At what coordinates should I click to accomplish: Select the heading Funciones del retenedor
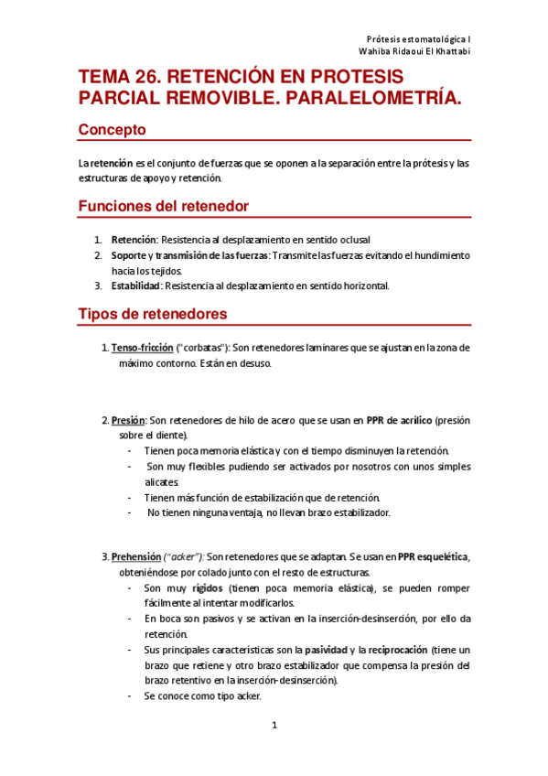(x=164, y=207)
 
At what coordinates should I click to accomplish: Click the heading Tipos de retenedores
(x=153, y=314)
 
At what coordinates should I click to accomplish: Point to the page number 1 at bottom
(x=274, y=726)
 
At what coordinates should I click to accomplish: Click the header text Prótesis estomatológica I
(x=418, y=40)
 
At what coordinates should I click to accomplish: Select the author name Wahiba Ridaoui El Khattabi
(x=414, y=54)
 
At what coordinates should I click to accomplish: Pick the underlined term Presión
(x=128, y=421)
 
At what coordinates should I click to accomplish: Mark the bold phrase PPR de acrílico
(x=399, y=421)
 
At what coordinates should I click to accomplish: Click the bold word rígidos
(x=209, y=588)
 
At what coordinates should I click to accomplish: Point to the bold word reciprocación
(x=396, y=649)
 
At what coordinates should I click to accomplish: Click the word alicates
(x=160, y=481)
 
